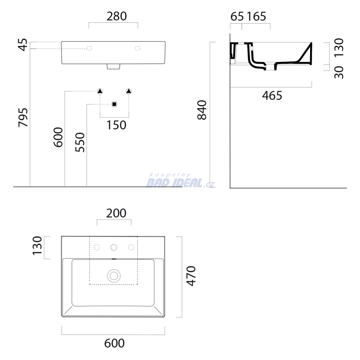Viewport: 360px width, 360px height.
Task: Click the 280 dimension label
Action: coord(116,16)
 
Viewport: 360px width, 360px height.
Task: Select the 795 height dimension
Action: coord(23,117)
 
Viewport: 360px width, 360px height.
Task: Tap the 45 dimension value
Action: coord(23,45)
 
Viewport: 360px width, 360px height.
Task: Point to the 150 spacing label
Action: coord(116,125)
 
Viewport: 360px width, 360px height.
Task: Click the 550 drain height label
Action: coord(80,142)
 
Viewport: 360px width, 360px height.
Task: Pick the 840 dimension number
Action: coord(202,110)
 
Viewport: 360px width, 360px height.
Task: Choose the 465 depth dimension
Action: coord(272,96)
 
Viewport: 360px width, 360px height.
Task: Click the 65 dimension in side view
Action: coord(237,17)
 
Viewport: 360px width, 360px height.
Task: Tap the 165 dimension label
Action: coord(256,17)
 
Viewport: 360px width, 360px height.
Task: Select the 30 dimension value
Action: coord(339,72)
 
